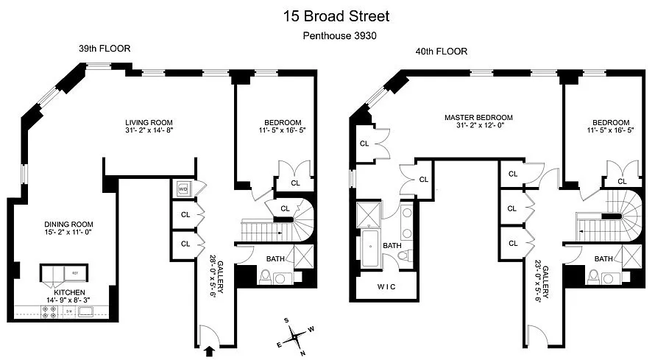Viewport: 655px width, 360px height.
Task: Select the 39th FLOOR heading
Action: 105,49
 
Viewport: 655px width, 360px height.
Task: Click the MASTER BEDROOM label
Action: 478,118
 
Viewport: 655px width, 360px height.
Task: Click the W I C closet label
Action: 386,286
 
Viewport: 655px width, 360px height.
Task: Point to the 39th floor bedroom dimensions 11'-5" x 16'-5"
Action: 272,132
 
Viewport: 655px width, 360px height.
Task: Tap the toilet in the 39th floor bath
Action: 266,278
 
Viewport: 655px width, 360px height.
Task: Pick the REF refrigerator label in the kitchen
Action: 75,273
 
